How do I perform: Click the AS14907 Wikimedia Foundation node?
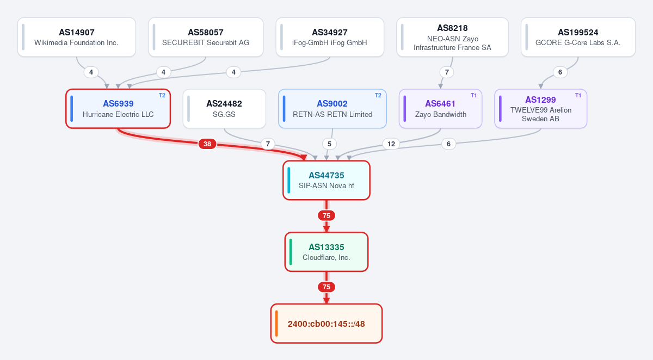(77, 37)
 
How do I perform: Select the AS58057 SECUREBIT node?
(206, 37)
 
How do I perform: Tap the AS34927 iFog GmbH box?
(330, 37)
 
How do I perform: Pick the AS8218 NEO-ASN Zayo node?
(452, 37)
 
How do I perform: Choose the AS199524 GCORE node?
(578, 37)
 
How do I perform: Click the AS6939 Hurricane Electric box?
(118, 109)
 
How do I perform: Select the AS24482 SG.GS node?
(224, 109)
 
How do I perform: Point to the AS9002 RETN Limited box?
(332, 109)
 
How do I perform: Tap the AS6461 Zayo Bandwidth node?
(440, 109)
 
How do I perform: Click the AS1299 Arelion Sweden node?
(541, 109)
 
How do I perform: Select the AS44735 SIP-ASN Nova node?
(326, 181)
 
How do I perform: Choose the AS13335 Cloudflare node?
(326, 252)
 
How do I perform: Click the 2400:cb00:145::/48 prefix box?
(326, 324)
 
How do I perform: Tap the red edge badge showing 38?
(207, 144)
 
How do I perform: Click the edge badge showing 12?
(391, 144)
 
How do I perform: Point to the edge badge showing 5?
(329, 144)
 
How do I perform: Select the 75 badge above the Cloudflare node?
(326, 215)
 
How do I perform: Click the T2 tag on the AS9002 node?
(378, 95)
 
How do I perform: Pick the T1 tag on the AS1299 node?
(578, 95)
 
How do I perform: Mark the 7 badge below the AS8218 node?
(447, 72)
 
